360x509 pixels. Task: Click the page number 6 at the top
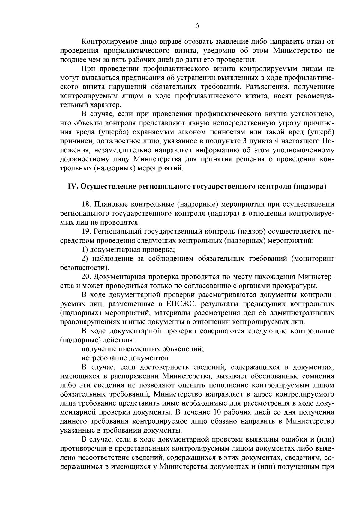(x=197, y=26)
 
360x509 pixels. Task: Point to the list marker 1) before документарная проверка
(x=85, y=250)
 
